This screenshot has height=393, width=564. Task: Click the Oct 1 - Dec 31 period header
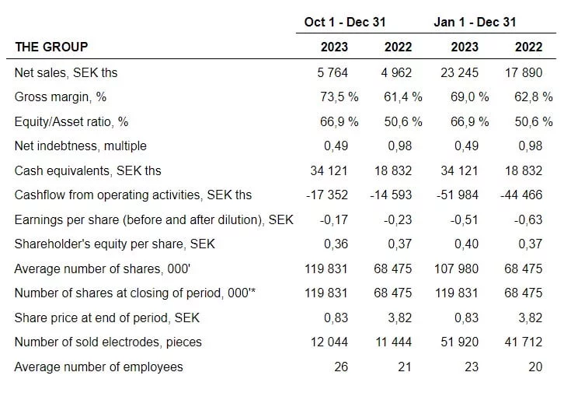pos(345,22)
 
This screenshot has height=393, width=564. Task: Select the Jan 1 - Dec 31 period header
pos(475,22)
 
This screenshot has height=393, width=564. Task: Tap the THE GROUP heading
pos(51,47)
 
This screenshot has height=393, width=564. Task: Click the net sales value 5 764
pos(332,73)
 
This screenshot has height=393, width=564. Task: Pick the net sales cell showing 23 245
pos(459,73)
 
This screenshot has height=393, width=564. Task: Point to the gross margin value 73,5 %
pos(339,97)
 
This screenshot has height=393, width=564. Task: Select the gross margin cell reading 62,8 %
pos(534,97)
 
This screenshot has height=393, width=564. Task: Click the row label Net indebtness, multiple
pos(81,146)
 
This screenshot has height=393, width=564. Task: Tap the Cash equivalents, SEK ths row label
pos(88,170)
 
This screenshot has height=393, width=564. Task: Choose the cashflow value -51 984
pos(457,195)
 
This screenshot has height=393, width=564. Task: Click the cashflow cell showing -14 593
pos(391,195)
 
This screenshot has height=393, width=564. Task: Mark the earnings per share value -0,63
pos(527,219)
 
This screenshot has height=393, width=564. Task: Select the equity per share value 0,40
pos(466,244)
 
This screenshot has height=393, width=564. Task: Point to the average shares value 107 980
pos(456,268)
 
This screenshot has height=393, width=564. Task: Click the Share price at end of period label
pos(107,318)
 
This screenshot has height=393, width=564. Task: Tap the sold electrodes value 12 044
pos(329,342)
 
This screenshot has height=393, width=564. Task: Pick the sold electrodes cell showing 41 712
pos(524,342)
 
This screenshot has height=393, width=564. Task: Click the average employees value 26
pos(341,367)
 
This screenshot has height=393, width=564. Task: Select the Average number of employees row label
pos(99,367)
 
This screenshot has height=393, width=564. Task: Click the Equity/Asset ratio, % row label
pos(71,121)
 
